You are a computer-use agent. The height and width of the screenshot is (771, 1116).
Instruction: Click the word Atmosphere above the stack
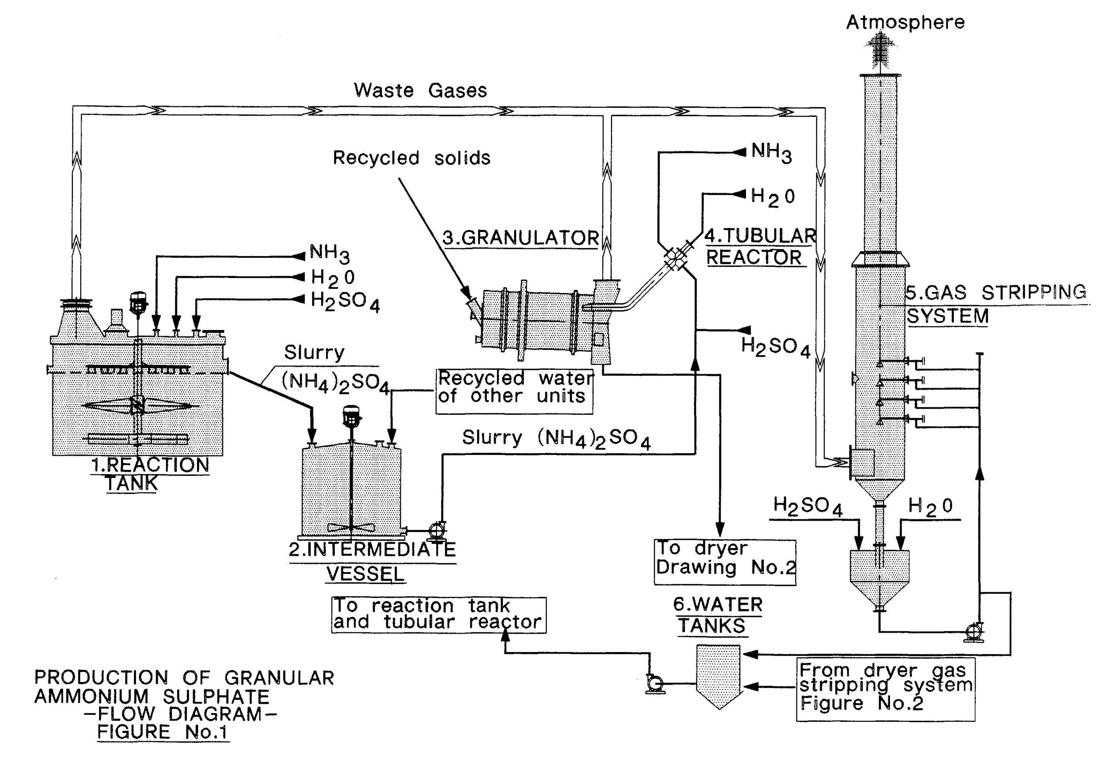click(905, 22)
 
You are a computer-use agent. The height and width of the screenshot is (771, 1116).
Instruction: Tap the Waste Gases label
click(420, 90)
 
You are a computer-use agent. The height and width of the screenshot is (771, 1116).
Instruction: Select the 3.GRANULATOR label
click(521, 238)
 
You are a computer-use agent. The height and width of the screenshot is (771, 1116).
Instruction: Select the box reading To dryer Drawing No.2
click(725, 562)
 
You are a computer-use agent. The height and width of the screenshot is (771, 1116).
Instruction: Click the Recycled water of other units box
click(514, 391)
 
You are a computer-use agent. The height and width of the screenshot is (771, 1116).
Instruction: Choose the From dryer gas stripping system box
click(885, 689)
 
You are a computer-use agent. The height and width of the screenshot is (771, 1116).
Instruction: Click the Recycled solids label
click(412, 158)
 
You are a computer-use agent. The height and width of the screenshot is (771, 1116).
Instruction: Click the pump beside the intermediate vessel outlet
click(436, 530)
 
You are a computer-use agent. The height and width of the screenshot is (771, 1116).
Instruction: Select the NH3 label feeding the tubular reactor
click(771, 153)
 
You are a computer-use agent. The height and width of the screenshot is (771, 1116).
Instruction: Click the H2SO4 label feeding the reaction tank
click(344, 301)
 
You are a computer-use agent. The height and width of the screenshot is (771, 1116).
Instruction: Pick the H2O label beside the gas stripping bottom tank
click(929, 507)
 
